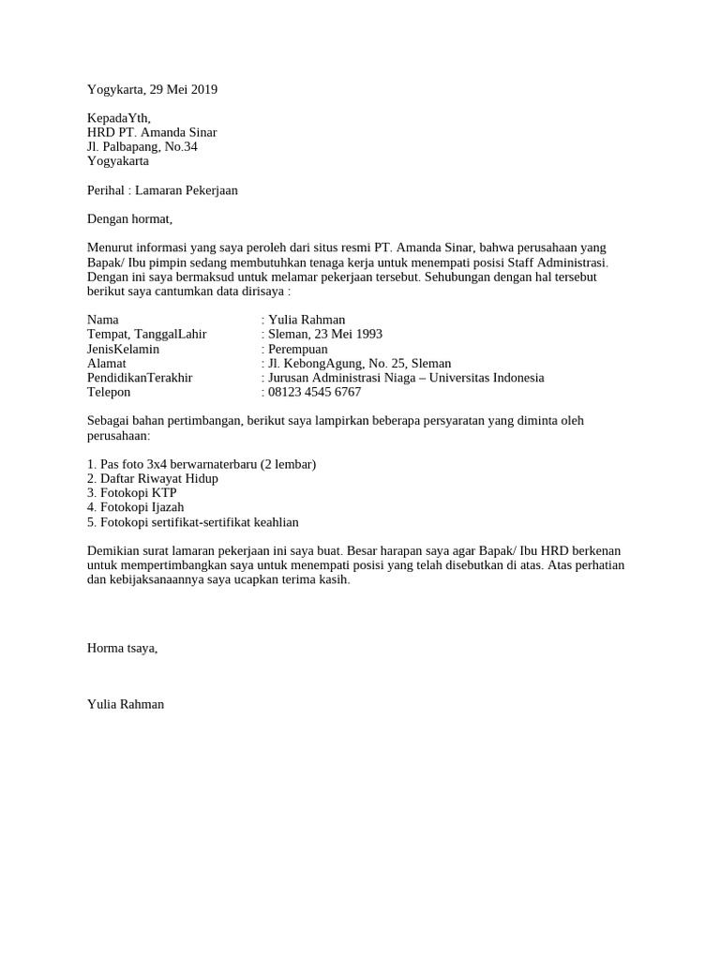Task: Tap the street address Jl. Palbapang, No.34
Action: click(142, 147)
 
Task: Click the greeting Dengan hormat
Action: click(129, 219)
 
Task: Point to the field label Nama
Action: click(102, 320)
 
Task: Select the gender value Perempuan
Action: click(297, 349)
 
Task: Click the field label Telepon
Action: click(109, 393)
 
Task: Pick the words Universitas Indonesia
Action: click(486, 378)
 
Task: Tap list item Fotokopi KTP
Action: click(131, 493)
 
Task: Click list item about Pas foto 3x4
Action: click(201, 464)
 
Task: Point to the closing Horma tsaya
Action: click(122, 648)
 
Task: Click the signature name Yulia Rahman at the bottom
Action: click(125, 704)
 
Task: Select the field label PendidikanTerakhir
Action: click(139, 378)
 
